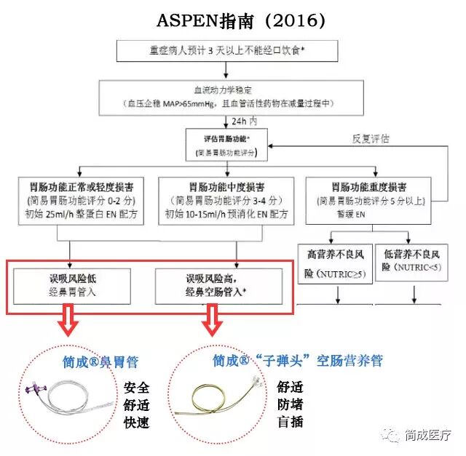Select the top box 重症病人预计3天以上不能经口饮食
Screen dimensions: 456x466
tap(229, 51)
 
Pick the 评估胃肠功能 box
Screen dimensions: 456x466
tap(226, 145)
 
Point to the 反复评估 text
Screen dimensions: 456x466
tap(371, 138)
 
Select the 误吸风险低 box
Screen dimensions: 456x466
tap(72, 285)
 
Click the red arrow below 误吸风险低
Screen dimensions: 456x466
tap(69, 321)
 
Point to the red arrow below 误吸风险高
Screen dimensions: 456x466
tap(213, 321)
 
